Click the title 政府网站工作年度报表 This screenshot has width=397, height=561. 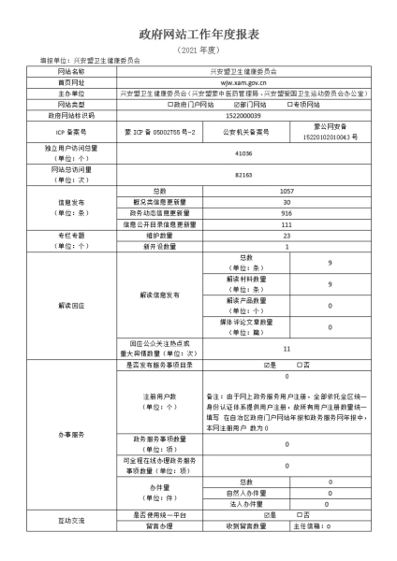coord(198,34)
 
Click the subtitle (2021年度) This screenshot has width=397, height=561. coord(198,49)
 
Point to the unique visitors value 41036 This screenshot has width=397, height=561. coord(244,151)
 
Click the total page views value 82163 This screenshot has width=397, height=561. coord(244,174)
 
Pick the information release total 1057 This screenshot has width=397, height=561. coord(287,191)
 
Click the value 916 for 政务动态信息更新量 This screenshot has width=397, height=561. coord(287,213)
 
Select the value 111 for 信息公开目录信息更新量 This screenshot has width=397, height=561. coord(287,224)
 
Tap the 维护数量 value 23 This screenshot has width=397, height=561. coord(287,236)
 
